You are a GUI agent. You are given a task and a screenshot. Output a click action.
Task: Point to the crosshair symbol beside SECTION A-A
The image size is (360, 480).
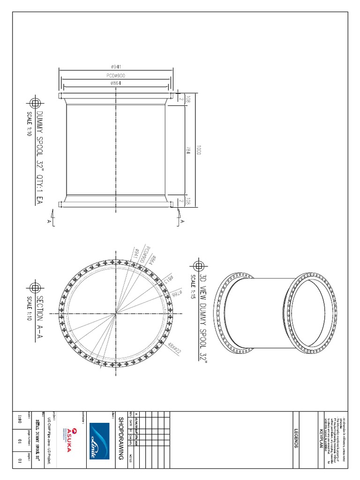[35, 287]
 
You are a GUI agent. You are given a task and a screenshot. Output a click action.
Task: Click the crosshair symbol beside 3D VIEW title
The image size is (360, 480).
[199, 266]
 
